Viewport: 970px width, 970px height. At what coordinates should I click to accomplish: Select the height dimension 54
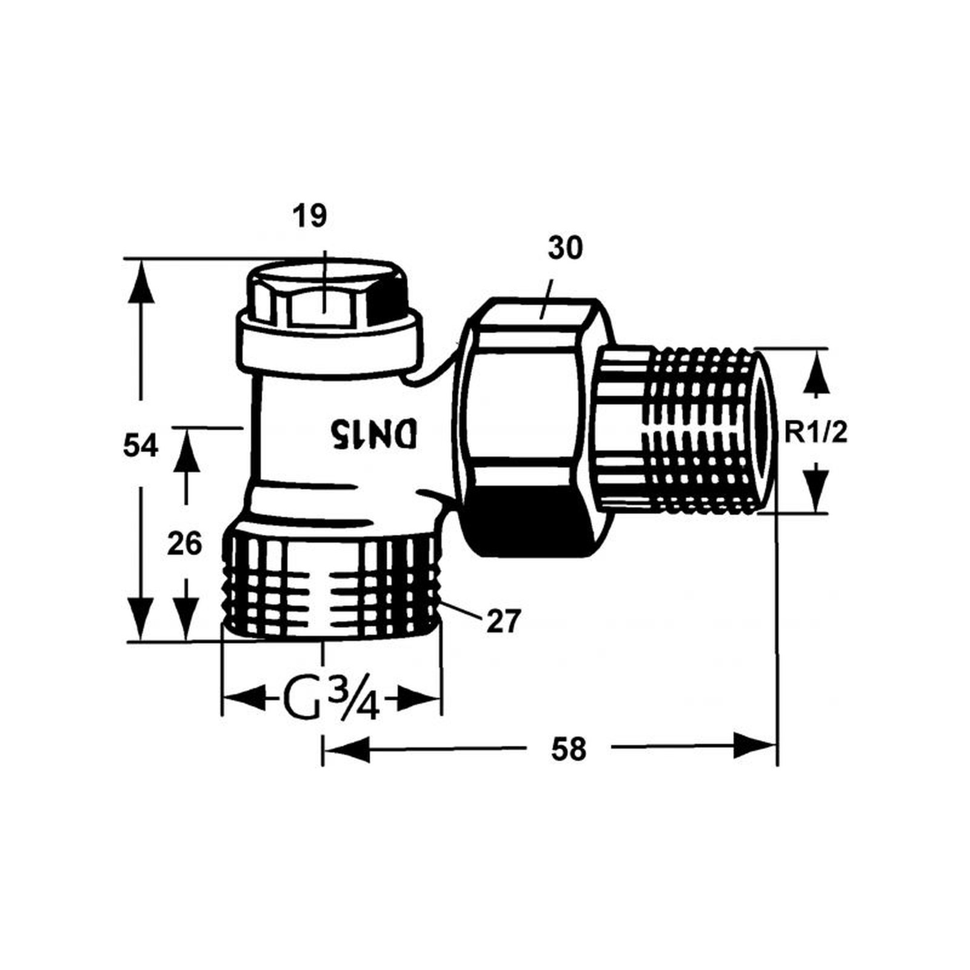tap(140, 447)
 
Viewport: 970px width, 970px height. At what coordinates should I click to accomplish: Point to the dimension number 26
tap(184, 544)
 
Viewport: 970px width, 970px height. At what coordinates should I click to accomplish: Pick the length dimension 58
tap(569, 749)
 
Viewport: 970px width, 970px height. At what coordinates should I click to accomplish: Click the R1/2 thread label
tap(815, 433)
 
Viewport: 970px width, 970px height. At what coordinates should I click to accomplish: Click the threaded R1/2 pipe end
tap(703, 430)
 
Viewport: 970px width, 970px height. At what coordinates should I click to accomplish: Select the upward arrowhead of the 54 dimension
tap(141, 282)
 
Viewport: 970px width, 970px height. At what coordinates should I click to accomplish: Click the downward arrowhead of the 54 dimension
tap(141, 618)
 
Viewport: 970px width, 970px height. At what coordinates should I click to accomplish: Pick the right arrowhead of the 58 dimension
tap(755, 745)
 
